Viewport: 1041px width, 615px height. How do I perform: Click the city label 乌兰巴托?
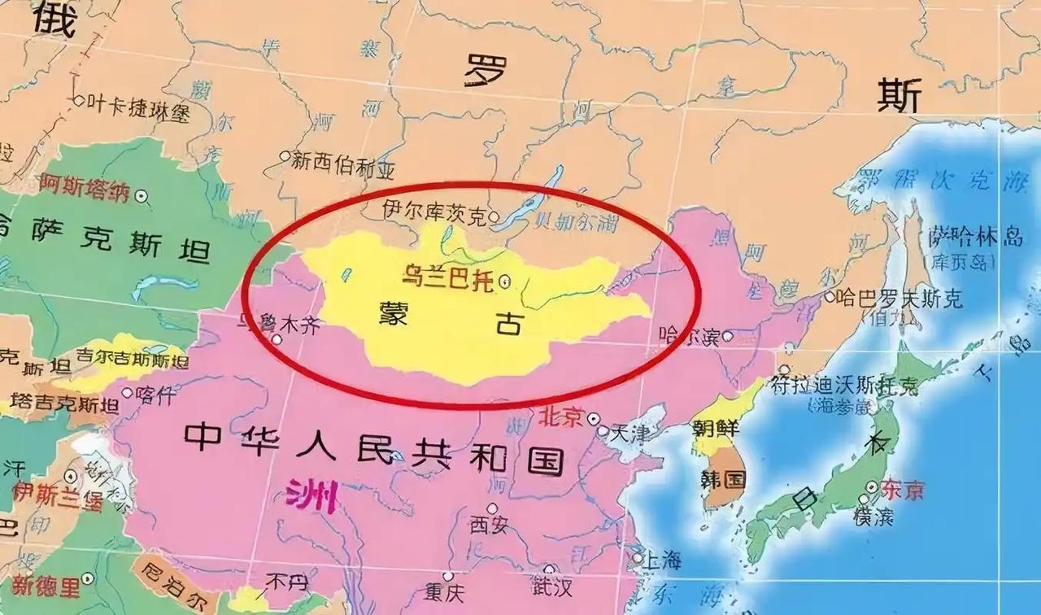tap(448, 276)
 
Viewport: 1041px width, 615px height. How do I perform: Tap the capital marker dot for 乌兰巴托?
tap(505, 282)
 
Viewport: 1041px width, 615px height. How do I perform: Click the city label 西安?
tap(489, 526)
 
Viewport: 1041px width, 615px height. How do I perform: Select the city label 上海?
tap(663, 560)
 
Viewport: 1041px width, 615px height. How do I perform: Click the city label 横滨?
tap(873, 515)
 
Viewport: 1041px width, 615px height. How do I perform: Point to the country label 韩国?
tap(722, 478)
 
